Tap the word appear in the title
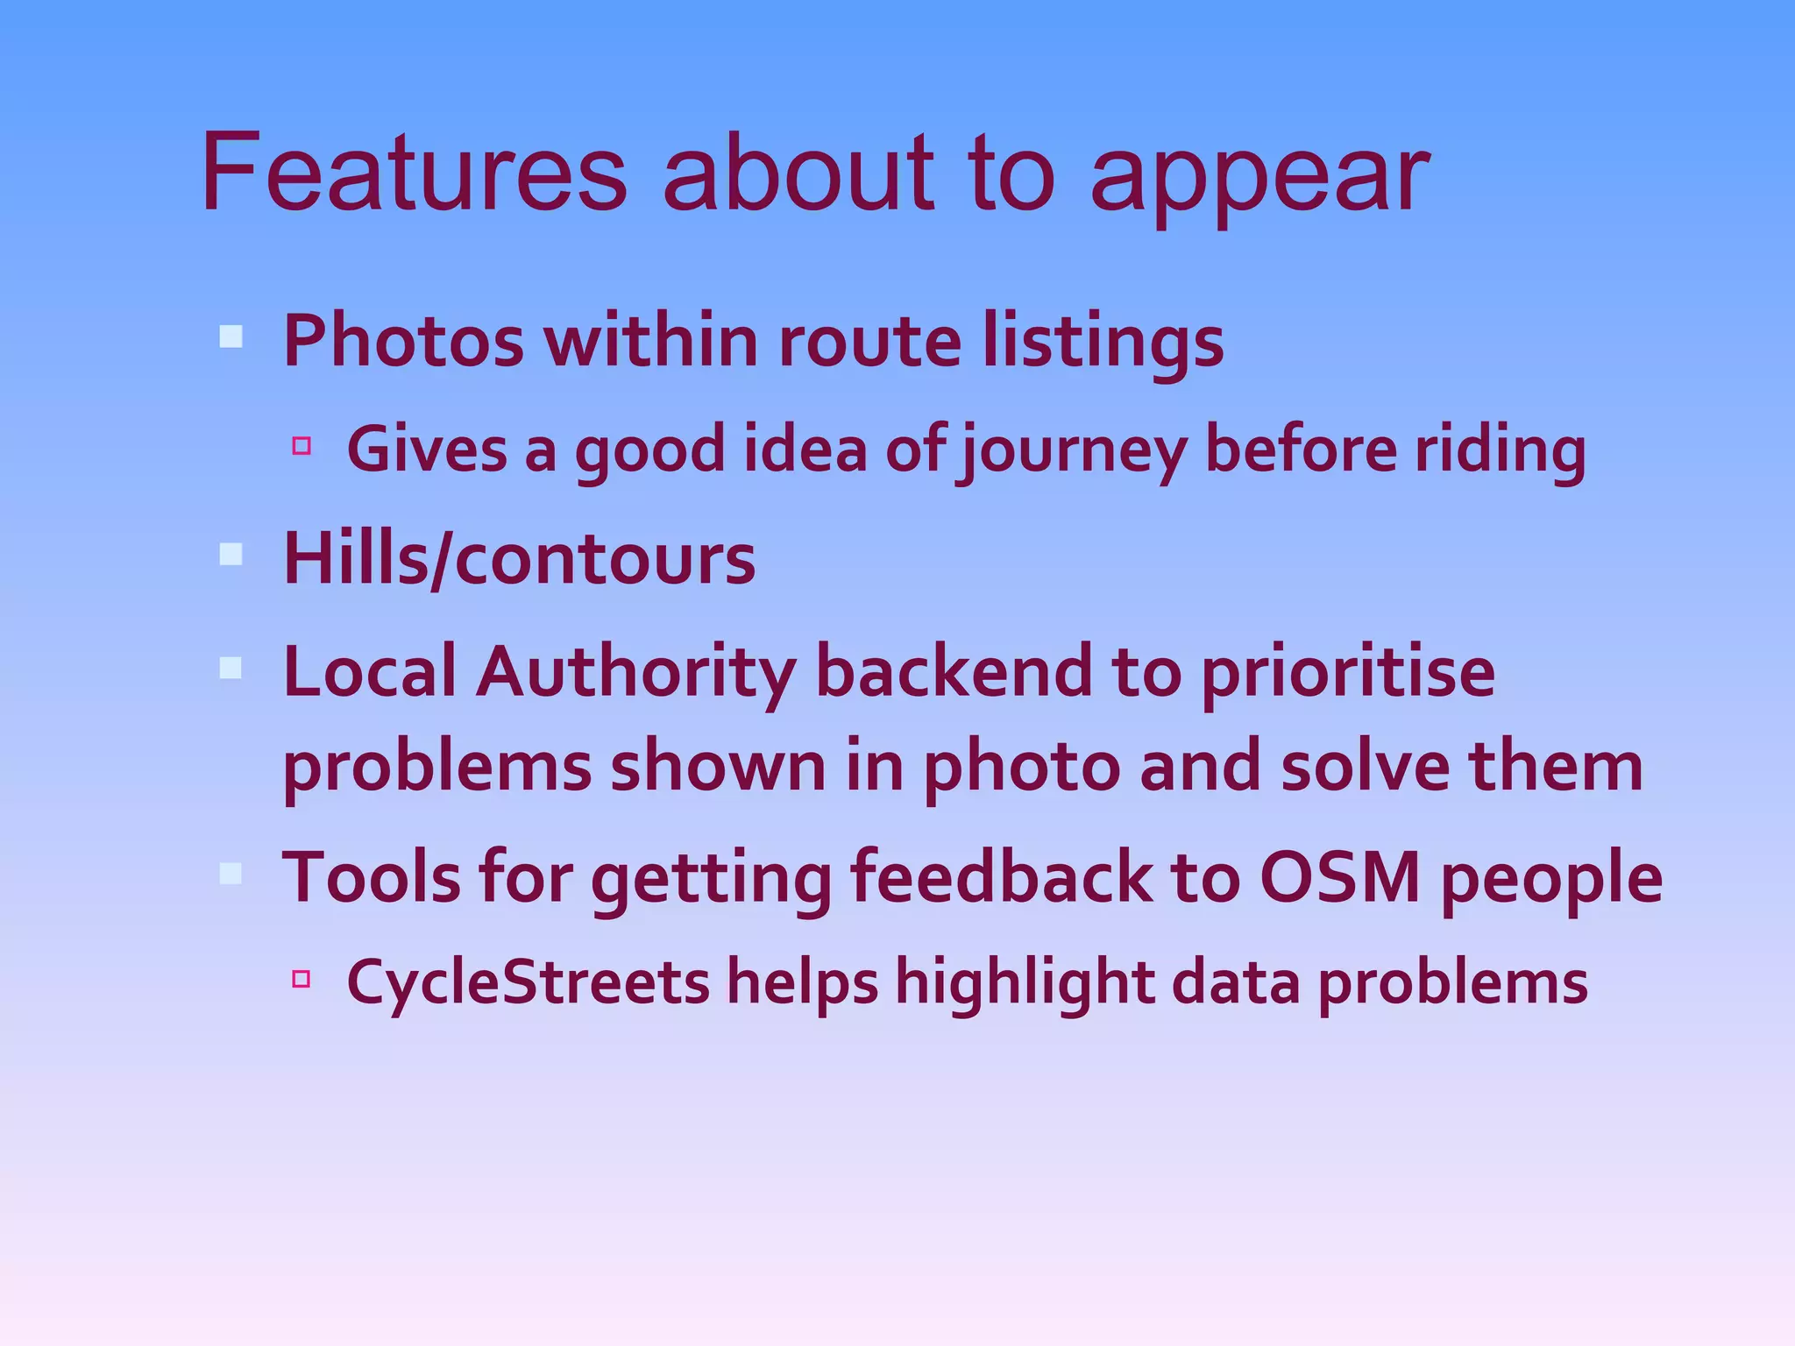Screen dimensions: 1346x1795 pyautogui.click(x=1259, y=175)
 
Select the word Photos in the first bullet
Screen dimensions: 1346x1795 pyautogui.click(x=403, y=340)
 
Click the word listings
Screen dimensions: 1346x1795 pyautogui.click(x=1102, y=342)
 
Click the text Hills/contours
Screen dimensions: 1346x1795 pyautogui.click(x=519, y=559)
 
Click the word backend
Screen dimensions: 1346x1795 pyautogui.click(x=954, y=671)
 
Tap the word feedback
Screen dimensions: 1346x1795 pyautogui.click(x=1001, y=878)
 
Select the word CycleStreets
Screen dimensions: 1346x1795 pyautogui.click(x=528, y=981)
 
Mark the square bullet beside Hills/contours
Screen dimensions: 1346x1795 pyautogui.click(x=231, y=554)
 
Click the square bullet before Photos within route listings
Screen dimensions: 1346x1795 pyautogui.click(x=231, y=336)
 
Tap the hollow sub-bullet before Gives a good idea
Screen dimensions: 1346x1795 pyautogui.click(x=302, y=446)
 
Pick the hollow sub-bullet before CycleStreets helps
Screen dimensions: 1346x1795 pyautogui.click(x=302, y=978)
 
